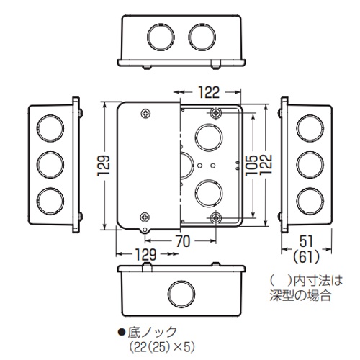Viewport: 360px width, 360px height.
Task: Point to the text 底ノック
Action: pyautogui.click(x=153, y=330)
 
